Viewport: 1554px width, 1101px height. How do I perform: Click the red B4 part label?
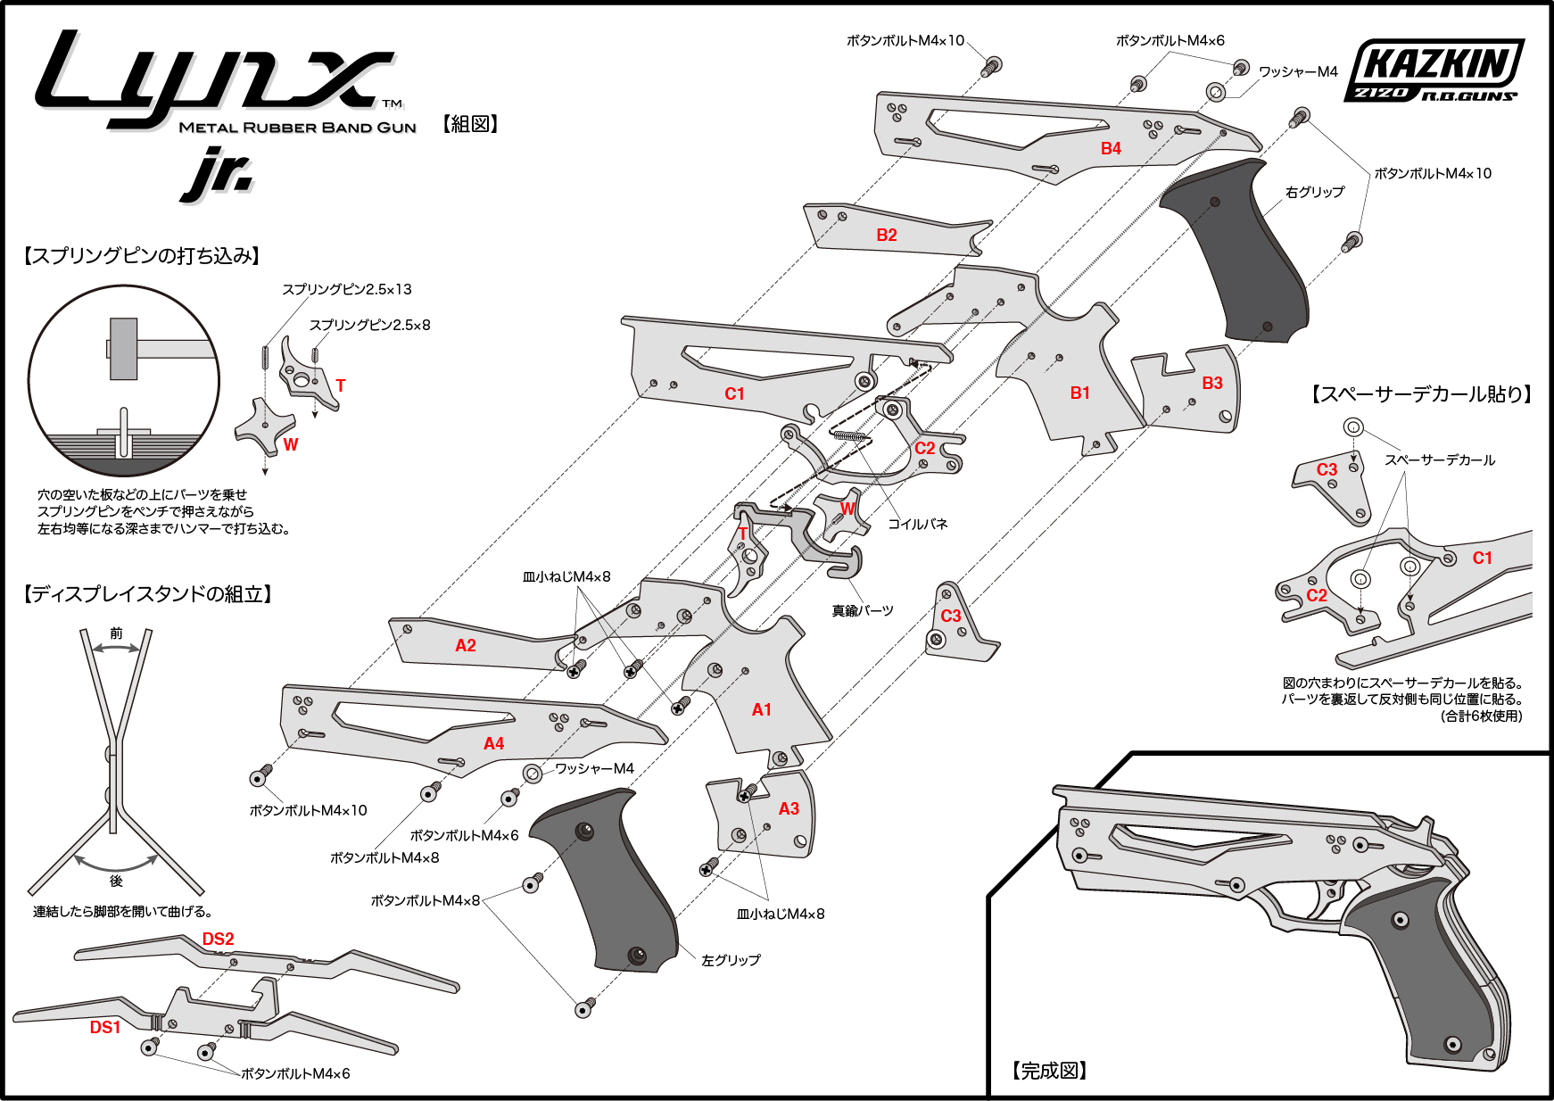pos(1111,149)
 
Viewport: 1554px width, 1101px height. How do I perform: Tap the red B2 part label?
pos(887,235)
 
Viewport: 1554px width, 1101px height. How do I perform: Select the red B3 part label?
pos(1212,383)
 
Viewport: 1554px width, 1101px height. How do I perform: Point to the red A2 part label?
pos(466,645)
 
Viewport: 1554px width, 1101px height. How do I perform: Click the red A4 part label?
pos(494,743)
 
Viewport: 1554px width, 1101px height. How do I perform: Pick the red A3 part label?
pos(789,808)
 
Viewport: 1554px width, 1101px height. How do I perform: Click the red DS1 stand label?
pos(105,1027)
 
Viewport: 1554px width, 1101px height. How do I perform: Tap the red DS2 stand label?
pos(218,939)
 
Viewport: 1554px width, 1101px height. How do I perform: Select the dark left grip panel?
pos(607,883)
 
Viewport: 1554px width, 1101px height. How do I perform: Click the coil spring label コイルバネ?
pos(917,524)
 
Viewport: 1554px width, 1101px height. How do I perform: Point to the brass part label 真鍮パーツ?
pos(862,610)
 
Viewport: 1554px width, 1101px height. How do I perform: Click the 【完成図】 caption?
pos(1049,1071)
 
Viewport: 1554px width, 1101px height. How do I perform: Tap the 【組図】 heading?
pos(470,124)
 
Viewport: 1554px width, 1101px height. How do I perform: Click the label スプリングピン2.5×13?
pos(347,289)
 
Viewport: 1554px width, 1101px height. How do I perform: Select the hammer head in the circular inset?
pos(123,349)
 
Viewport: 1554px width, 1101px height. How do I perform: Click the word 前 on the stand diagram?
pos(116,633)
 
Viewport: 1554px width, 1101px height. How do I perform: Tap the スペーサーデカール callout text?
pos(1440,459)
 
